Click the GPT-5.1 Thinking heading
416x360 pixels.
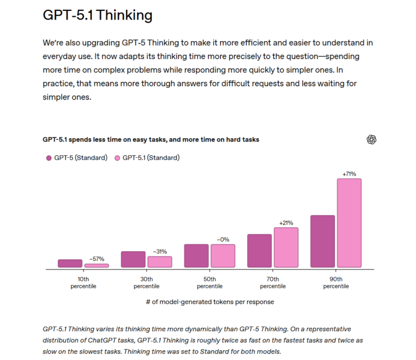(98, 15)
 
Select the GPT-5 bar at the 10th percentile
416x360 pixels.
(70, 263)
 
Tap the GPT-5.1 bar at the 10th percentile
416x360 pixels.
(96, 265)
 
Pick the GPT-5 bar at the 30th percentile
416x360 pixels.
(133, 259)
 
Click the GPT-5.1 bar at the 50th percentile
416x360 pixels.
(223, 256)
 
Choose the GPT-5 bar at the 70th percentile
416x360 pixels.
(259, 251)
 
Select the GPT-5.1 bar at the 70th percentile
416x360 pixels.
(286, 247)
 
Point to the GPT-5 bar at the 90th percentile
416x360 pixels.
(323, 242)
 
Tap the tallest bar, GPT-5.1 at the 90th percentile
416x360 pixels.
(349, 223)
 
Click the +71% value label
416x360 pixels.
(349, 173)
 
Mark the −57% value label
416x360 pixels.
(96, 259)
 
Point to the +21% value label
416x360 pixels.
(286, 222)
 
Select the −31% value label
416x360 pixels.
(159, 251)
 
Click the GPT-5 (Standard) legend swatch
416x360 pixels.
(49, 158)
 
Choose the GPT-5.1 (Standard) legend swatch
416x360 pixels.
(117, 158)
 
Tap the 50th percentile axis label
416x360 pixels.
(210, 282)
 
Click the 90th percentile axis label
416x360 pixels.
(336, 282)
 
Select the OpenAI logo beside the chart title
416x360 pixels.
(372, 139)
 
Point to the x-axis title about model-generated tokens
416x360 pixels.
(210, 302)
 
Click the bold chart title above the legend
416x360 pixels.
(151, 139)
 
